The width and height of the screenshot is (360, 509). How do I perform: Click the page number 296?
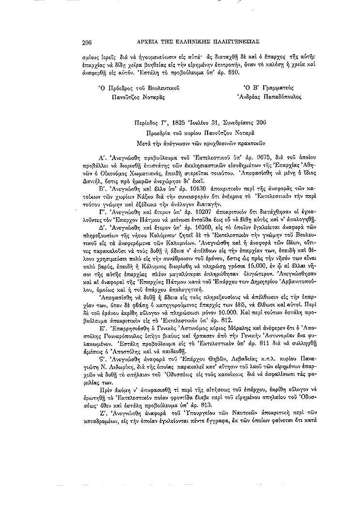(87, 42)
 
